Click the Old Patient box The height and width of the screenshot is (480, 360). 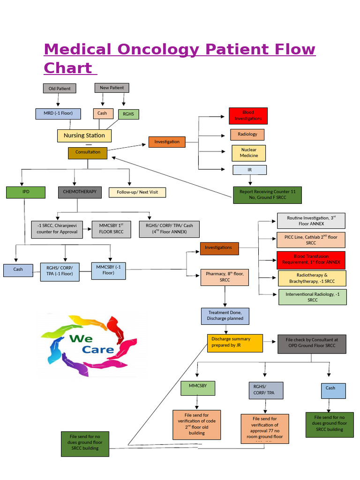coord(60,88)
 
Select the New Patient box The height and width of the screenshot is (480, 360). coord(112,88)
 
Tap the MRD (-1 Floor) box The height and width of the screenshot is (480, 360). coord(58,113)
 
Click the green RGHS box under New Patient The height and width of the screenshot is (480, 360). coord(128,114)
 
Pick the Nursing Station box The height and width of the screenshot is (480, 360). coord(84,135)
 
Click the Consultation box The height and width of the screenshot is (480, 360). coord(88,152)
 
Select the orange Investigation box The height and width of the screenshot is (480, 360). coord(167,142)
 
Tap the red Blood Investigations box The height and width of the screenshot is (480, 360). coord(248,116)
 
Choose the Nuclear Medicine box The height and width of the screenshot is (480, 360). coord(249,153)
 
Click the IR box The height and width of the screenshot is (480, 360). coord(250,170)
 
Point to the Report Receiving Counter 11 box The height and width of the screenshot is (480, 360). coord(267,195)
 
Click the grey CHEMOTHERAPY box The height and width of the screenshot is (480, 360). coord(80,192)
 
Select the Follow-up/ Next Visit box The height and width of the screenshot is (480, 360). coord(137,192)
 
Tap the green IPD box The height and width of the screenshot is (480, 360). coord(26,192)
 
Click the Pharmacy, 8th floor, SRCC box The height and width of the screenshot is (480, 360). coord(225,277)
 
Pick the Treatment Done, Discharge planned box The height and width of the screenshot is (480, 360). coord(225,315)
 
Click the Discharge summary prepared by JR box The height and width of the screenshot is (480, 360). coord(235,343)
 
